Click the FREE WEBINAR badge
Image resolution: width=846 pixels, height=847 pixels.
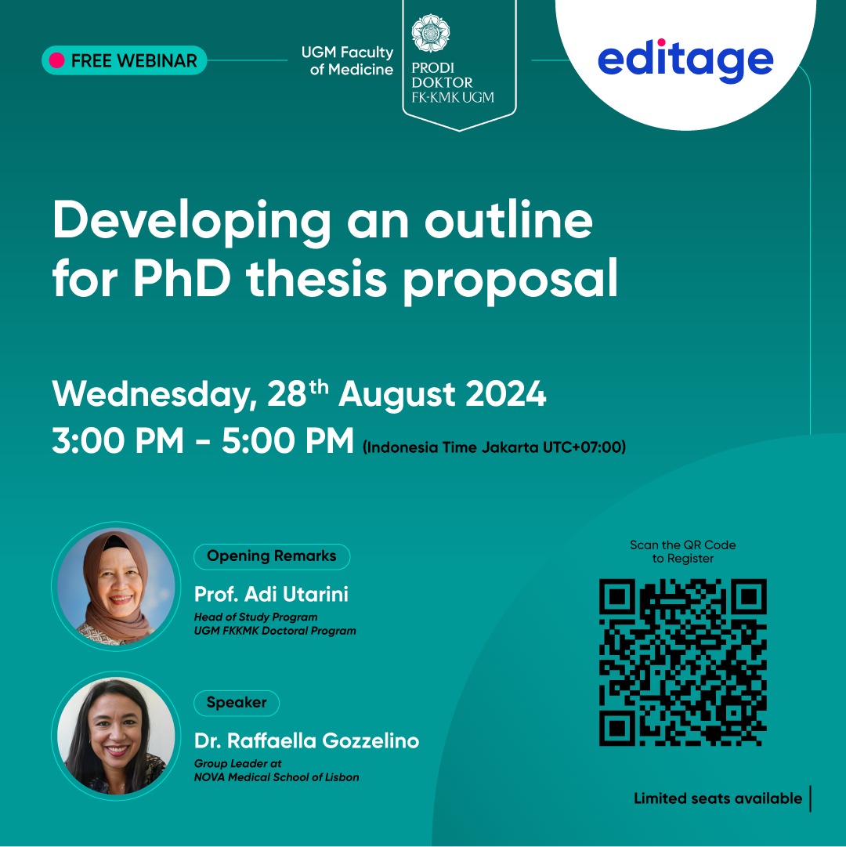point(125,60)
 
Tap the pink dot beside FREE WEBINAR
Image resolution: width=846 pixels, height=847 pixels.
point(56,60)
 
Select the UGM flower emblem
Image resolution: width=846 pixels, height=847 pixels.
point(430,33)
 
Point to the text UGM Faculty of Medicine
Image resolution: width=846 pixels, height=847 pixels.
point(347,60)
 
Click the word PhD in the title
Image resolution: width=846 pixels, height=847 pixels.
point(182,279)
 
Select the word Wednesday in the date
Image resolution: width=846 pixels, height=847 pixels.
point(152,394)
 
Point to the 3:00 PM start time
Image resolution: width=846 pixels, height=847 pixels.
point(118,440)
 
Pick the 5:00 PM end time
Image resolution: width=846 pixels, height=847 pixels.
point(287,440)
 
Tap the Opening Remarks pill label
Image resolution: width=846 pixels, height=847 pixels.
point(272,556)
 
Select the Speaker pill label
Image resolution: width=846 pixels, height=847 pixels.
point(237,702)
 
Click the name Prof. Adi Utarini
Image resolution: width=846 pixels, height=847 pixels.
point(271,594)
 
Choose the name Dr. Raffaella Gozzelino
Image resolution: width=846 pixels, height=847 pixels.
point(306,740)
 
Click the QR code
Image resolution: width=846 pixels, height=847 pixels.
point(683,662)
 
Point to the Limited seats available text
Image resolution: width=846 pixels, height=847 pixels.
point(718,798)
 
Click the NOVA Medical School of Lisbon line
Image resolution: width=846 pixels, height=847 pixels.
point(277,777)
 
